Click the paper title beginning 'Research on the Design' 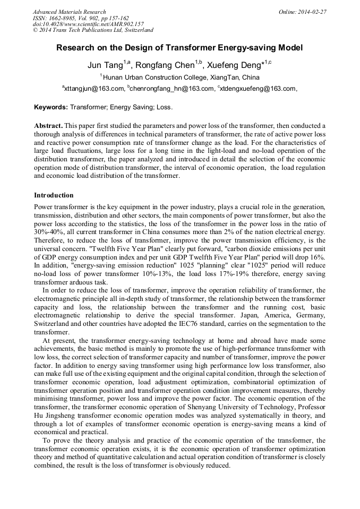(179, 48)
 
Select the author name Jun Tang (105, 66)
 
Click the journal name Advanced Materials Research (69, 12)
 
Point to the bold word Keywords (50, 107)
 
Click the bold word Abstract (48, 126)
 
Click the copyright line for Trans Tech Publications (93, 31)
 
